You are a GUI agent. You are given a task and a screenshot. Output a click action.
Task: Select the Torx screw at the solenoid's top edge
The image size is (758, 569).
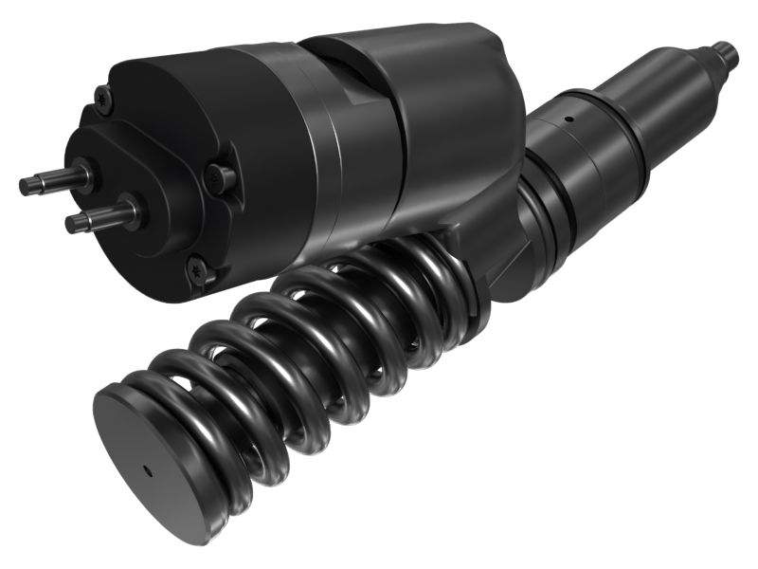click(x=102, y=95)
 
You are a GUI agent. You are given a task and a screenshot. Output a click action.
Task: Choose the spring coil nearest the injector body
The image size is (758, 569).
click(x=455, y=275)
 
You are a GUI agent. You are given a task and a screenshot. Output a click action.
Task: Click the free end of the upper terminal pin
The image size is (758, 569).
click(x=25, y=186)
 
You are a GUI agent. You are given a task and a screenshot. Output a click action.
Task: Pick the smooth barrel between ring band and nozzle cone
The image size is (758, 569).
click(x=654, y=100)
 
